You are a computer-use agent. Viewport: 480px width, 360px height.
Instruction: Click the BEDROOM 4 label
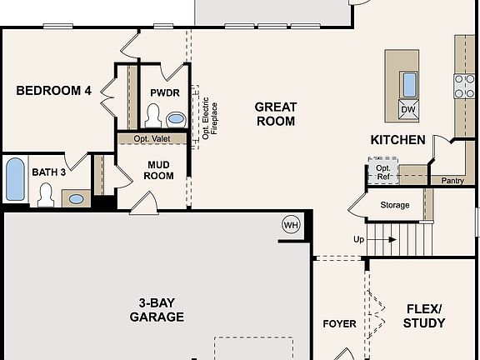pyautogui.click(x=53, y=91)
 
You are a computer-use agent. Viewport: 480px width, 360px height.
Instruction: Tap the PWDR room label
pyautogui.click(x=165, y=92)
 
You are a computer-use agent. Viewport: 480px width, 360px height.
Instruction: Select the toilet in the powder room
pyautogui.click(x=153, y=116)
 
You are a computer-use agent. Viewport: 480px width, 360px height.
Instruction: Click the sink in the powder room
pyautogui.click(x=176, y=119)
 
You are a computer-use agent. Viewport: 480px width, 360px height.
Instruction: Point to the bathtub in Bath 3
pyautogui.click(x=15, y=179)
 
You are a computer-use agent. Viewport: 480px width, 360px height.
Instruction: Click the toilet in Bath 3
pyautogui.click(x=46, y=195)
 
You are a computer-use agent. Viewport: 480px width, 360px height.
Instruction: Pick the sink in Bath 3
pyautogui.click(x=76, y=199)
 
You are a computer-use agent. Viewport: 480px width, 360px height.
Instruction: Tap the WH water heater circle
pyautogui.click(x=291, y=225)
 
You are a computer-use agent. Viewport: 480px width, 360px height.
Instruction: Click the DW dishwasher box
pyautogui.click(x=408, y=109)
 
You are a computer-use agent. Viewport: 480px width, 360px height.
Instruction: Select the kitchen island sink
pyautogui.click(x=408, y=85)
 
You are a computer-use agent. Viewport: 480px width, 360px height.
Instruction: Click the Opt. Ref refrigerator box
pyautogui.click(x=383, y=171)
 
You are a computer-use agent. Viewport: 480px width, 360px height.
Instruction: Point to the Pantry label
pyautogui.click(x=452, y=181)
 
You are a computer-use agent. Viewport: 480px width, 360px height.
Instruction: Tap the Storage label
pyautogui.click(x=395, y=205)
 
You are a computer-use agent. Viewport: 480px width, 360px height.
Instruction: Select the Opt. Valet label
pyautogui.click(x=152, y=138)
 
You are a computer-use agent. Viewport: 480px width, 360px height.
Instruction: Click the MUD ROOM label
pyautogui.click(x=158, y=170)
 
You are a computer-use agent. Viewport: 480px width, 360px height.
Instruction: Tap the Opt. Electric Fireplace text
pyautogui.click(x=210, y=118)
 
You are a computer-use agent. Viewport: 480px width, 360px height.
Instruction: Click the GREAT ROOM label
pyautogui.click(x=276, y=114)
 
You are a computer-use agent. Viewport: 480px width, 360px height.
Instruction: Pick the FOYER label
pyautogui.click(x=339, y=324)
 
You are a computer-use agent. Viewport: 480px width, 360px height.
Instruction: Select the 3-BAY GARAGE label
pyautogui.click(x=157, y=310)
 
